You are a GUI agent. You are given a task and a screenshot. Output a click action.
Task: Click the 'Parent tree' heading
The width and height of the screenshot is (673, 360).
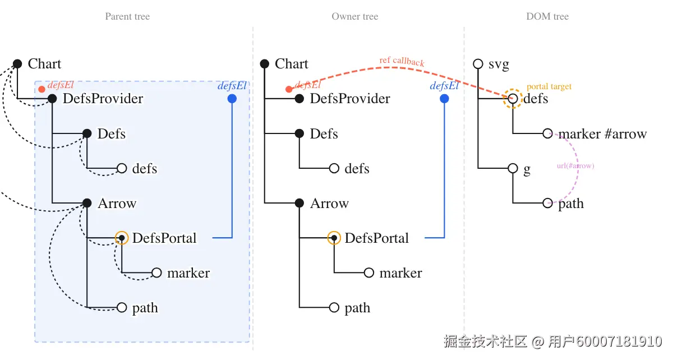click(127, 16)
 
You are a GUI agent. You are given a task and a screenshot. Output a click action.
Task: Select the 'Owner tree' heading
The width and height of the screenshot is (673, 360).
click(354, 16)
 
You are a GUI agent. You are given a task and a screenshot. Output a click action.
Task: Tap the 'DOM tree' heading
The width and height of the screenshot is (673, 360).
click(547, 16)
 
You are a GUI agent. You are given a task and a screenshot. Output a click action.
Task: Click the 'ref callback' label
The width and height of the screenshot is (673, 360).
click(402, 61)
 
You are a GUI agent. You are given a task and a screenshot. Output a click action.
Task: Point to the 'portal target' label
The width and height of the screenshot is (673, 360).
click(549, 86)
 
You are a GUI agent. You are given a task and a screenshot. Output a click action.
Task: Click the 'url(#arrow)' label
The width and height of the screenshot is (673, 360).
click(575, 166)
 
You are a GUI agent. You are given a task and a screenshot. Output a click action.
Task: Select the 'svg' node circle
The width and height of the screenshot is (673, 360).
click(478, 64)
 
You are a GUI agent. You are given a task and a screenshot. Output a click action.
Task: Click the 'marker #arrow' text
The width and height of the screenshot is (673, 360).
click(602, 134)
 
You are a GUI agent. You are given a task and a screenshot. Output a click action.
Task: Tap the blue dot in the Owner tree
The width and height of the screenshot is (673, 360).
click(444, 99)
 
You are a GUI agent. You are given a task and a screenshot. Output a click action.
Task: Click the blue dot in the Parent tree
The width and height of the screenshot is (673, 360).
click(232, 99)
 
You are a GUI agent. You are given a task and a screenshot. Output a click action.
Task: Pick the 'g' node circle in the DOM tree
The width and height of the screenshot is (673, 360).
click(513, 168)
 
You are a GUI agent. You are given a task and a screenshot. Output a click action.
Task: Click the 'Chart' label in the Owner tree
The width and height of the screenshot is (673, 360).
click(292, 64)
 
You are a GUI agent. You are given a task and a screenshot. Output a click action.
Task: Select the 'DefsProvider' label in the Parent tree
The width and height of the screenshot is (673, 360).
click(103, 99)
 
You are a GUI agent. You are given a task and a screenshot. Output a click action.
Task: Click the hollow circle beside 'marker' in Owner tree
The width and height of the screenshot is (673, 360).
click(368, 273)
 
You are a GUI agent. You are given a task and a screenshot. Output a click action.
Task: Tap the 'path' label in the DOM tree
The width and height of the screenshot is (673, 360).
click(571, 204)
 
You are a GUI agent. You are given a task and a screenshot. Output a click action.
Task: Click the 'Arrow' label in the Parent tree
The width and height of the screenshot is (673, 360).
click(117, 204)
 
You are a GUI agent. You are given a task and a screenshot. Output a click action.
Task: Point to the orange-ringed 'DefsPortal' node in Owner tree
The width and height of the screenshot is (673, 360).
click(334, 238)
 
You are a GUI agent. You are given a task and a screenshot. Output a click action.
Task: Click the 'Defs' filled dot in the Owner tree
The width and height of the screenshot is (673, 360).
click(299, 133)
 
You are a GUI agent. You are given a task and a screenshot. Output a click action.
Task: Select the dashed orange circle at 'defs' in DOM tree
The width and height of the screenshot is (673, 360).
click(513, 99)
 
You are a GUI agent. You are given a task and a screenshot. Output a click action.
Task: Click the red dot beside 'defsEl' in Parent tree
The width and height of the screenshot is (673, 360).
click(42, 89)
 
